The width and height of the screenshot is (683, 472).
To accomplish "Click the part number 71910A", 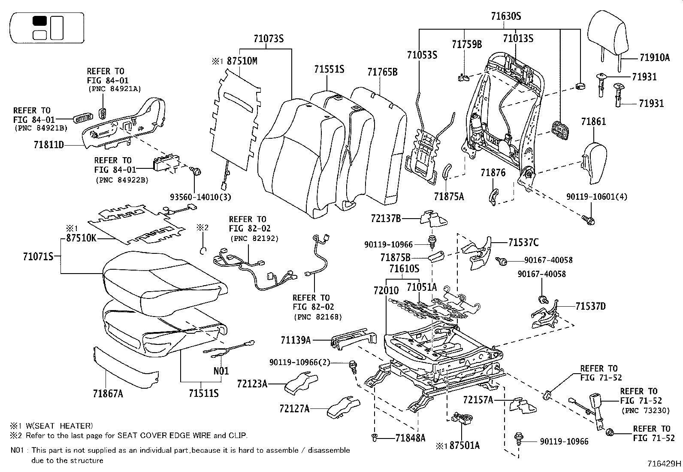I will click(654, 58).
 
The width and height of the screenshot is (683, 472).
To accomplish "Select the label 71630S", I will click(506, 17).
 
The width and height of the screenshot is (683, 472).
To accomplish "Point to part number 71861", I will click(594, 122).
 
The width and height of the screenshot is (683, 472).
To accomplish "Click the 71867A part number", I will click(108, 393).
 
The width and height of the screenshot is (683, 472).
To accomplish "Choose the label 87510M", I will click(242, 61).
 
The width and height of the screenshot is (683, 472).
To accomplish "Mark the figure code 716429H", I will click(665, 464).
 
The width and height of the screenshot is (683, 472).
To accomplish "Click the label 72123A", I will click(252, 383).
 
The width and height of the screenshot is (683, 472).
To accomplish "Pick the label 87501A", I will click(464, 445).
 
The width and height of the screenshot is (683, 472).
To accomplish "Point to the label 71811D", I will click(48, 145).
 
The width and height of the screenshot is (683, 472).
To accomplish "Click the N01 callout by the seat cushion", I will click(221, 371).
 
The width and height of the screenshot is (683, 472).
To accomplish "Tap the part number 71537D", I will click(591, 306).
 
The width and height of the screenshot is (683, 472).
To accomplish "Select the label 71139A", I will click(296, 340).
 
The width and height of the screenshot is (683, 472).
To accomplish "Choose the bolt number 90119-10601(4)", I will click(597, 197).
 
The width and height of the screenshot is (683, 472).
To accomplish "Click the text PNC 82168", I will click(317, 317).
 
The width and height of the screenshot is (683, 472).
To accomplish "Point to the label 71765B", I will click(382, 72).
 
